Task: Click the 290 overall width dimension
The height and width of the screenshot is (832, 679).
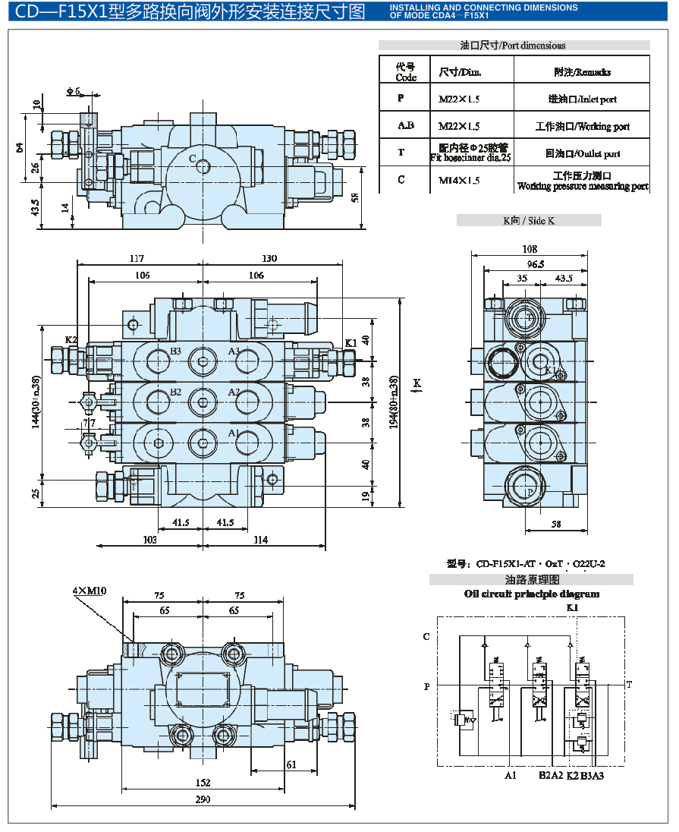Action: point(203,799)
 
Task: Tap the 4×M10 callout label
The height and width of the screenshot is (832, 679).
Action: point(90,591)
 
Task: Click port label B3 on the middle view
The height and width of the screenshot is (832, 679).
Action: point(175,351)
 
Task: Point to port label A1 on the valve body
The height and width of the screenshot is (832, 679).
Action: point(234,433)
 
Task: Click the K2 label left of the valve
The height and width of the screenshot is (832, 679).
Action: point(71,339)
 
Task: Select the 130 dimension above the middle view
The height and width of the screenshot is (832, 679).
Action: point(269,258)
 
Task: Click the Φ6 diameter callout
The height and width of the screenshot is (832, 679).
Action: point(73,91)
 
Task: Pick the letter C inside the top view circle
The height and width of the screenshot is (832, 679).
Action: point(193,159)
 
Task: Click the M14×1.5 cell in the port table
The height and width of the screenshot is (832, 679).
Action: point(459,181)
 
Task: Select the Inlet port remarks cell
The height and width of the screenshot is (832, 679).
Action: point(582,99)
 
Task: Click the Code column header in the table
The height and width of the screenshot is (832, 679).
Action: point(406,72)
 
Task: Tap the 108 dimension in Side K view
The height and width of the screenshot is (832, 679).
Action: point(530,249)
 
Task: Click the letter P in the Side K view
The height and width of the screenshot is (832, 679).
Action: point(530,491)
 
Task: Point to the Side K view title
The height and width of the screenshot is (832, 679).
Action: point(529,220)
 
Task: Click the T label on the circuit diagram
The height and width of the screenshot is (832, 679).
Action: point(629,685)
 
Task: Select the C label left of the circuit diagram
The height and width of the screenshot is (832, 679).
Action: point(426,637)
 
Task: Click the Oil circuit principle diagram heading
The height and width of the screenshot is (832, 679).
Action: point(531,594)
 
